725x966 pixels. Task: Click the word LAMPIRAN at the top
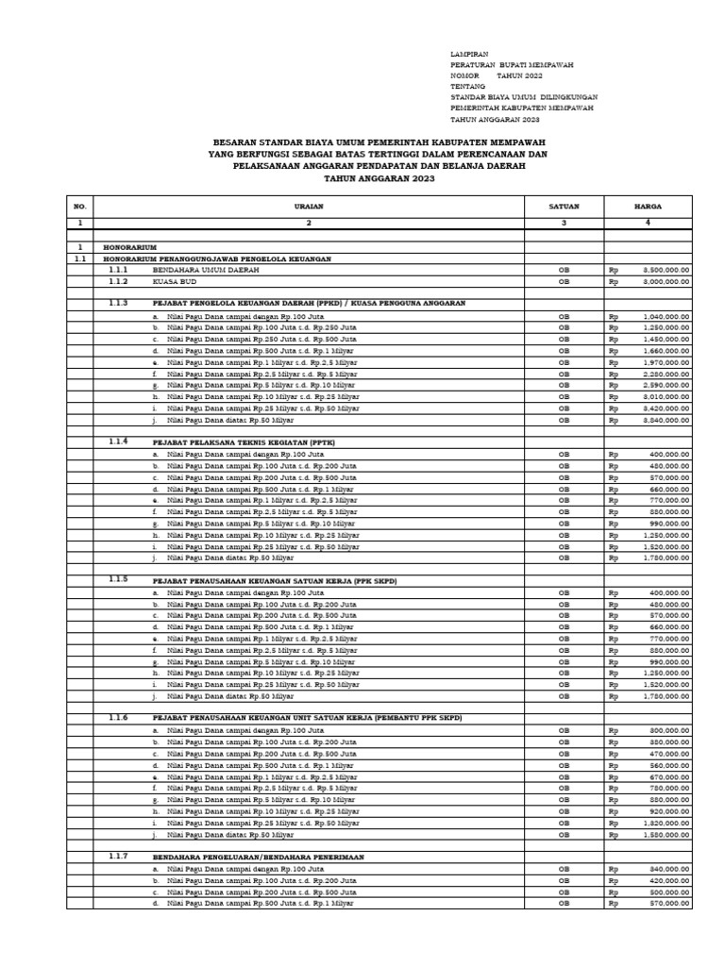pos(469,55)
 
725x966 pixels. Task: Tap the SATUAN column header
pos(564,205)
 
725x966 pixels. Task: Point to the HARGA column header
pos(648,205)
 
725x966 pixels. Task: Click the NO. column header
pos(79,205)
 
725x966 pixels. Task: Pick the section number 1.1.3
pos(117,302)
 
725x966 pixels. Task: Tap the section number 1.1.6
pos(117,718)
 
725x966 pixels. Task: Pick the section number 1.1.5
pos(117,579)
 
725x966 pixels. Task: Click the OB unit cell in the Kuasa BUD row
pos(564,280)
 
